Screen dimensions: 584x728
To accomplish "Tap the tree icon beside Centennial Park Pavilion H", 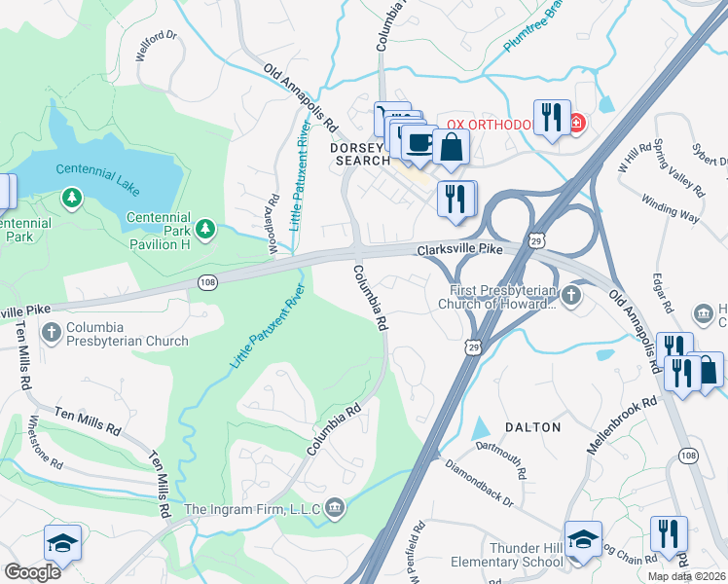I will (x=205, y=229).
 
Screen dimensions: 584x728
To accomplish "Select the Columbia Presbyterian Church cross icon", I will (x=51, y=333).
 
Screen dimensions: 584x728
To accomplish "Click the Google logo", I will (x=33, y=572).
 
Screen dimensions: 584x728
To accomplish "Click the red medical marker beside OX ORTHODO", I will (x=576, y=124).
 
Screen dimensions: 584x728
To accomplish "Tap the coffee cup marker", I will (x=419, y=143).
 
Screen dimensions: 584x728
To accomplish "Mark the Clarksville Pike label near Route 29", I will (x=460, y=250).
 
